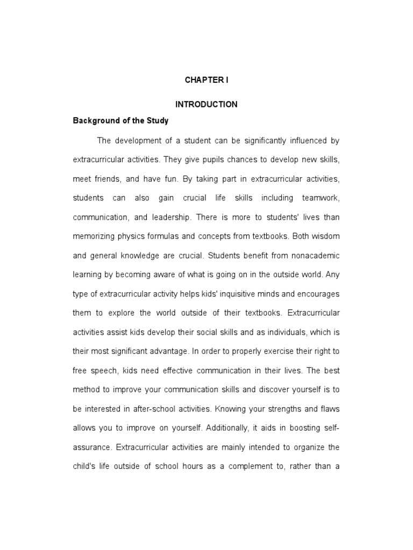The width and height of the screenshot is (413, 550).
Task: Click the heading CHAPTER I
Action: pyautogui.click(x=206, y=80)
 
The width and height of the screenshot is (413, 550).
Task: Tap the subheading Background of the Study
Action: pyautogui.click(x=120, y=121)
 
